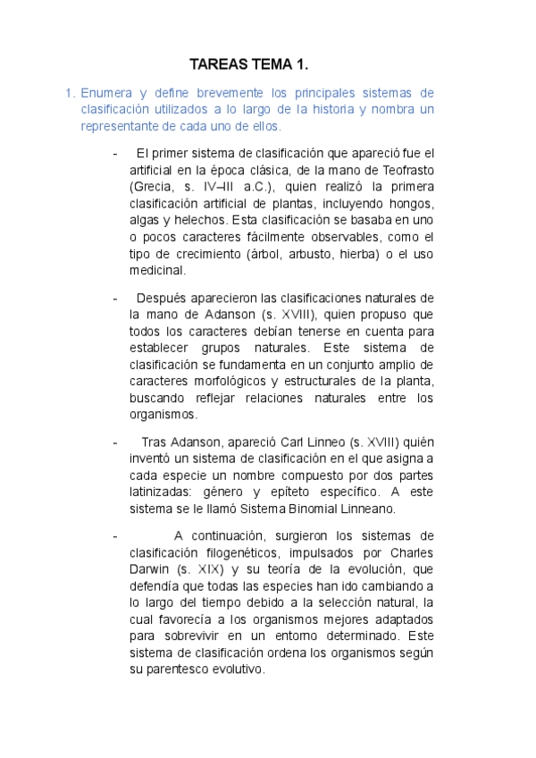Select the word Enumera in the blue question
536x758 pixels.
[106, 93]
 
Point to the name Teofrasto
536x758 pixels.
[401, 170]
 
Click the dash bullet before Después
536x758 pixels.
[114, 298]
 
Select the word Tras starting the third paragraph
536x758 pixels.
[155, 442]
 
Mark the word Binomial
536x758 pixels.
[285, 509]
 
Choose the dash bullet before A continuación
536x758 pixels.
[114, 535]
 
